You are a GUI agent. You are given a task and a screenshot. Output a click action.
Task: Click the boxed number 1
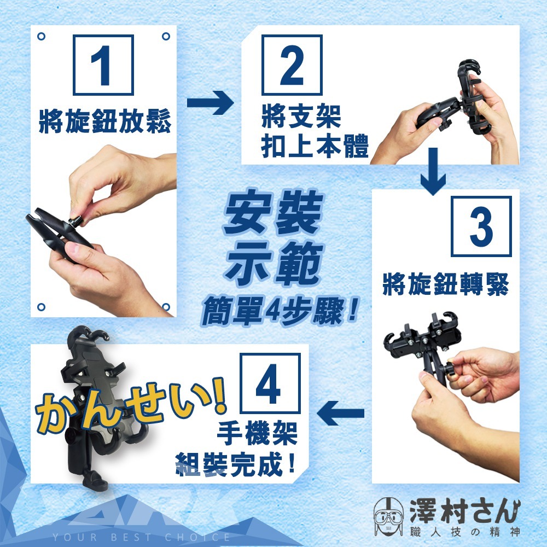[x=103, y=65]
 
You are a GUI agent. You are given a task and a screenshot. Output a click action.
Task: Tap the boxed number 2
[x=292, y=65]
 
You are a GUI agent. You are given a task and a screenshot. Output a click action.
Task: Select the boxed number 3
[x=481, y=226]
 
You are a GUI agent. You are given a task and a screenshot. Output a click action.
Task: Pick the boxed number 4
[x=270, y=383]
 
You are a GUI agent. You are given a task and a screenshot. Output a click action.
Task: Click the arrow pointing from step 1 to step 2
[x=211, y=103]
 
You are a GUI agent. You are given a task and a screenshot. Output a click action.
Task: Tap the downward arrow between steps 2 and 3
[x=433, y=171]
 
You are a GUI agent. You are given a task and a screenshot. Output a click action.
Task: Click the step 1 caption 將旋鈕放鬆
[x=104, y=121]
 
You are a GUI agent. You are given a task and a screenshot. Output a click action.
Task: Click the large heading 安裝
[x=273, y=212]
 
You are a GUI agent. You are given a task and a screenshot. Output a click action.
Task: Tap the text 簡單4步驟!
[x=280, y=311]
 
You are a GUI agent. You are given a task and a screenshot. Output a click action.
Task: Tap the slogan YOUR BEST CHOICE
[x=141, y=537]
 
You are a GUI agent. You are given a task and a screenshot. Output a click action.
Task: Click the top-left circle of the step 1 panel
[x=41, y=36]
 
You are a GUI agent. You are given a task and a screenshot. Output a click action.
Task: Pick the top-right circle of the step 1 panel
[x=166, y=36]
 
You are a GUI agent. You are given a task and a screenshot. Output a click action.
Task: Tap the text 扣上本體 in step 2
[x=315, y=146]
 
